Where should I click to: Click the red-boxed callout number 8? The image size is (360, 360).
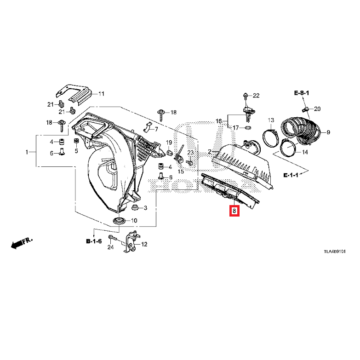234,211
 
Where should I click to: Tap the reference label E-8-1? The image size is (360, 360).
302,93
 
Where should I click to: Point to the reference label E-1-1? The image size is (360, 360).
291,175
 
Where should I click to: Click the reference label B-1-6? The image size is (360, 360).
94,240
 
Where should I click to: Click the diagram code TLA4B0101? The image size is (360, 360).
334,252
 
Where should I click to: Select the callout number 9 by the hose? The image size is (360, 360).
329,133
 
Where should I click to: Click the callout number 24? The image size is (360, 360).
110,247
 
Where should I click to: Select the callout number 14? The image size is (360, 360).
305,152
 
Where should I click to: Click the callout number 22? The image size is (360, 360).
256,96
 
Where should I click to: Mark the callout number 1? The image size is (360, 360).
27,152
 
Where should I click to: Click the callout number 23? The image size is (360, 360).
190,152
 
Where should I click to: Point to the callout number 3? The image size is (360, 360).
145,208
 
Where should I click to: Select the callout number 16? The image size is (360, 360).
218,121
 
